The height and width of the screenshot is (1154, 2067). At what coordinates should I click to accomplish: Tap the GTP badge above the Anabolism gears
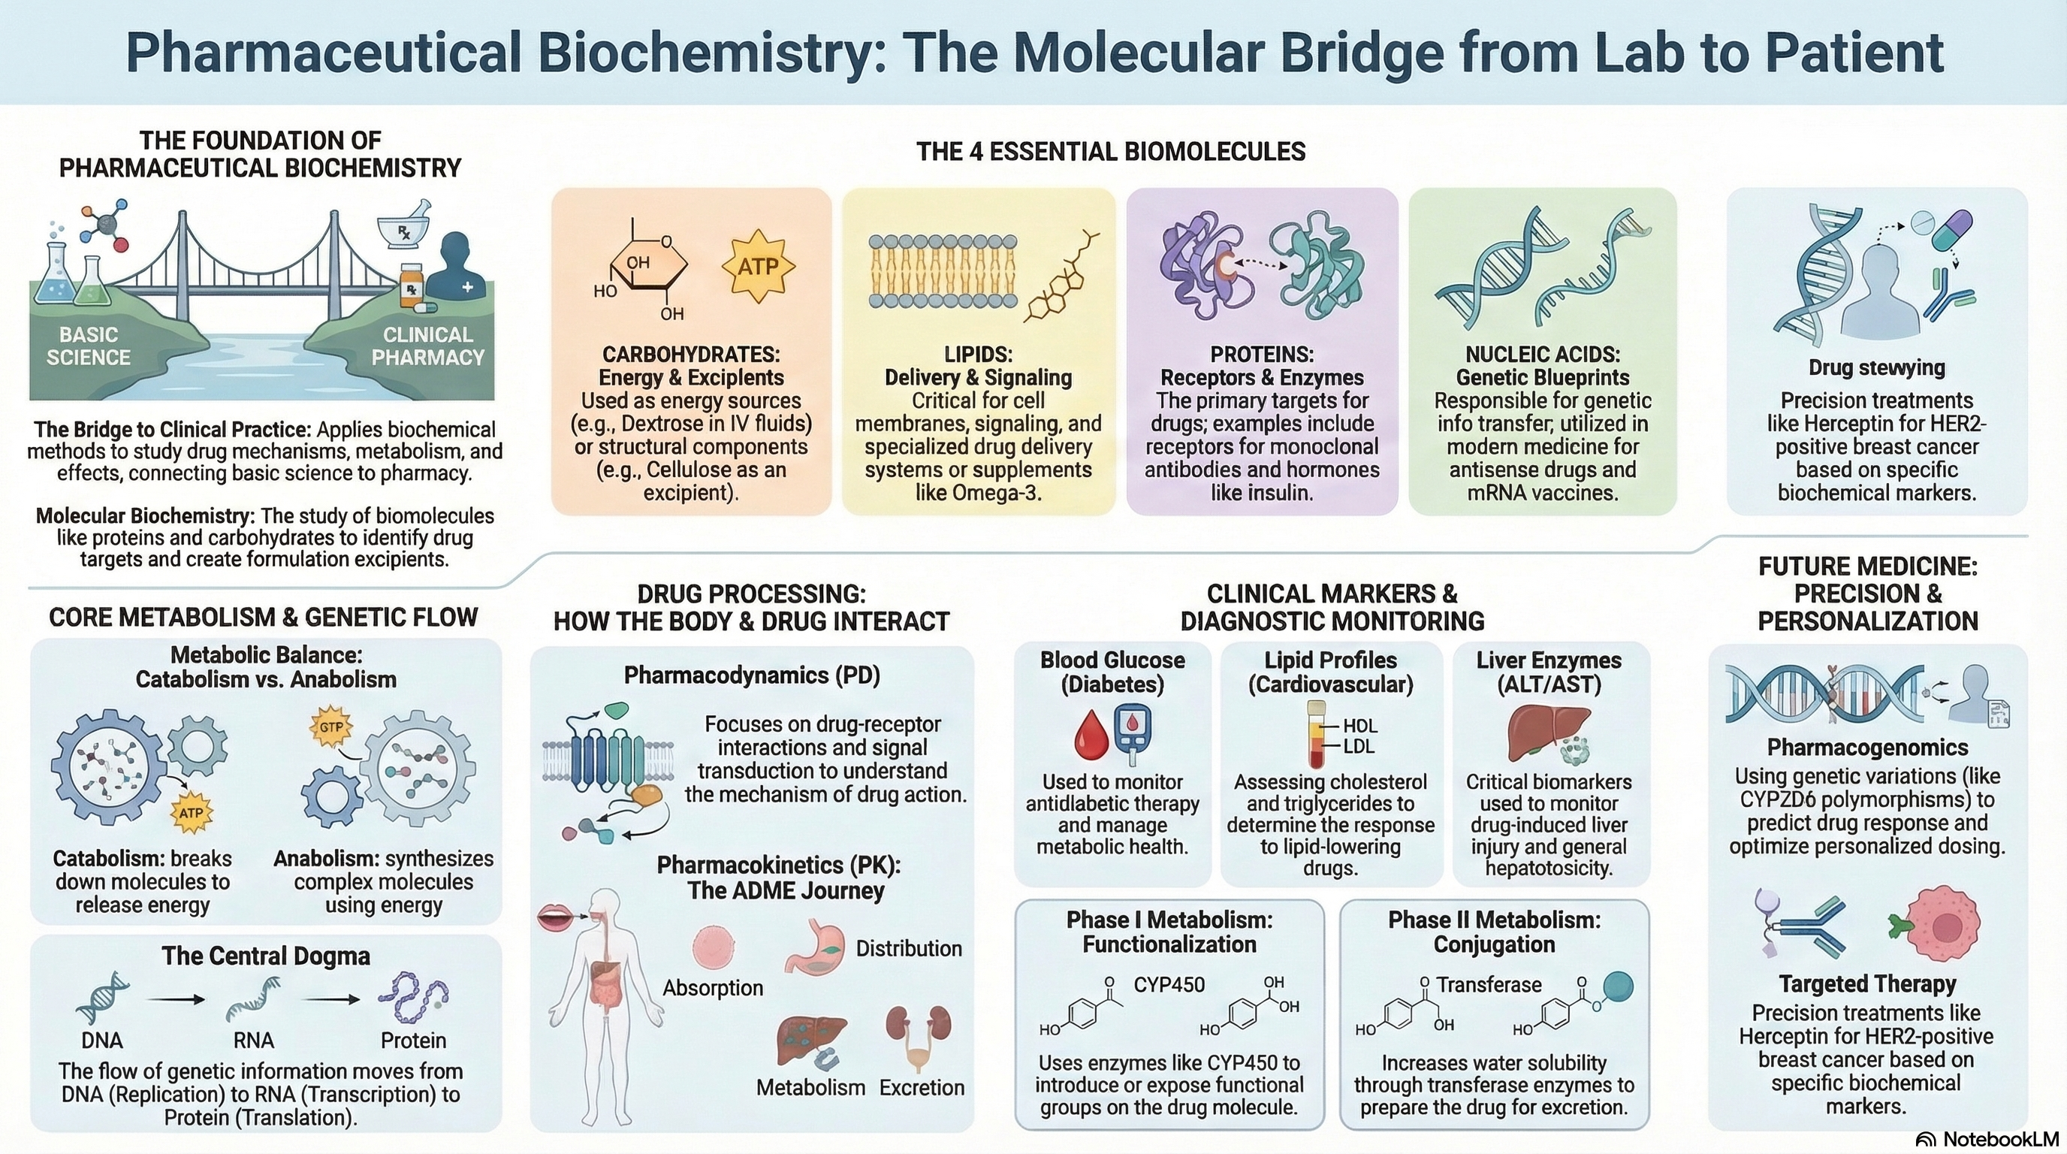pyautogui.click(x=331, y=727)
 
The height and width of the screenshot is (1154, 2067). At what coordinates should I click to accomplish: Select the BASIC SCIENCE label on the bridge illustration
pyautogui.click(x=89, y=346)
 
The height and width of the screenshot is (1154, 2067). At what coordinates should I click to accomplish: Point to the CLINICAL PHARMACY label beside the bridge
pyautogui.click(x=427, y=346)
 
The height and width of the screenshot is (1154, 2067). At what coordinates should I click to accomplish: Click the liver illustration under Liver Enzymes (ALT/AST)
pyautogui.click(x=1548, y=732)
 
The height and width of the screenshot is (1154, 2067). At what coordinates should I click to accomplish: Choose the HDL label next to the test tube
pyautogui.click(x=1359, y=726)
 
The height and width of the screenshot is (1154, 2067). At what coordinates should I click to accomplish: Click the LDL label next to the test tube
pyautogui.click(x=1359, y=746)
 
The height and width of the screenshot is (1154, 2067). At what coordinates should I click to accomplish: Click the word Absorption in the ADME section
pyautogui.click(x=713, y=988)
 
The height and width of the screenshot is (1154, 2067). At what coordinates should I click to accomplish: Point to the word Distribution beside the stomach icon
pyautogui.click(x=908, y=949)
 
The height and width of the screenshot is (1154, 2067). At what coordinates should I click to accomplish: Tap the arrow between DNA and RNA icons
pyautogui.click(x=177, y=1000)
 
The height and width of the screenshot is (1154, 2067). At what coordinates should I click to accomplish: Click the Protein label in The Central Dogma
pyautogui.click(x=413, y=1040)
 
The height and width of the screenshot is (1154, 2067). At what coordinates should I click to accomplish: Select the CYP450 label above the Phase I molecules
pyautogui.click(x=1169, y=985)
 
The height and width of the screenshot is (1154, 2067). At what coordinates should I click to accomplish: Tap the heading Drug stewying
pyautogui.click(x=1877, y=367)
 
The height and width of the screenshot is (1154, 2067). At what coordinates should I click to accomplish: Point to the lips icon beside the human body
pyautogui.click(x=554, y=917)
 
